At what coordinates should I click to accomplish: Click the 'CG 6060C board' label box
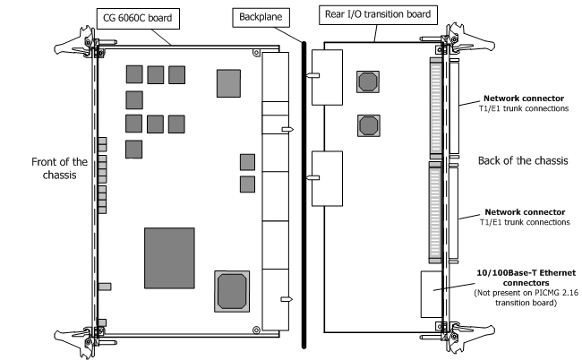coord(133,17)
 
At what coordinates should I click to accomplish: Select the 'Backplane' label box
coord(256,17)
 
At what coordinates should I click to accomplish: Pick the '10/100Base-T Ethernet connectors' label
coord(524,278)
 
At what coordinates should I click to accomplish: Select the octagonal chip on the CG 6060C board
coord(231,292)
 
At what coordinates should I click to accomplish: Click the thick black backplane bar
coord(302,187)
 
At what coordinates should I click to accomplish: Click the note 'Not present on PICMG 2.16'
coord(524,296)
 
